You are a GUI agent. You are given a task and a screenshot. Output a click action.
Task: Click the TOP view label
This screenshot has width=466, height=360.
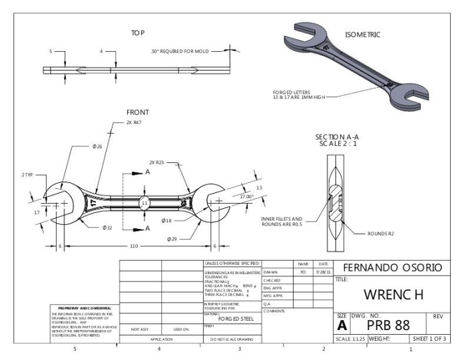pyautogui.click(x=138, y=32)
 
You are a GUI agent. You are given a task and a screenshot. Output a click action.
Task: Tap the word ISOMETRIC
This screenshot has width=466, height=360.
pyautogui.click(x=363, y=35)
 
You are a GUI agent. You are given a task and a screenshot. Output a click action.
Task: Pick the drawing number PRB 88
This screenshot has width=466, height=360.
pyautogui.click(x=389, y=324)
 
